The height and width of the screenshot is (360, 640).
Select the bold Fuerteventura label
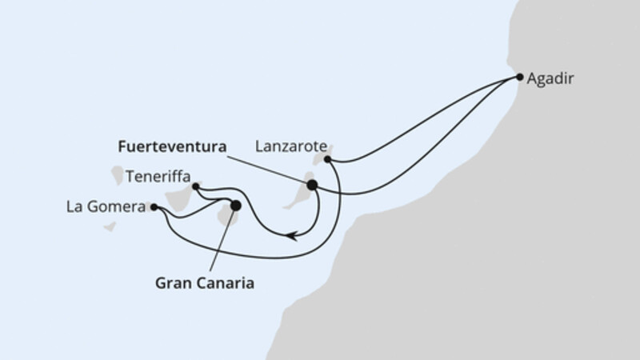(x=171, y=147)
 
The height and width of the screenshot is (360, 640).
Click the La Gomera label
(x=106, y=207)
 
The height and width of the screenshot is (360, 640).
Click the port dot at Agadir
(x=519, y=78)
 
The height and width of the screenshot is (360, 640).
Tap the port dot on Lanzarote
(x=327, y=159)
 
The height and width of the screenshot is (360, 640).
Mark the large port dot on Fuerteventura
(x=312, y=185)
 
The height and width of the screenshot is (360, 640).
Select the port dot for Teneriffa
(x=196, y=186)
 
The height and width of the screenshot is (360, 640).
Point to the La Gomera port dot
(x=154, y=206)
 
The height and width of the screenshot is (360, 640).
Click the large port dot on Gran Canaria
(x=235, y=206)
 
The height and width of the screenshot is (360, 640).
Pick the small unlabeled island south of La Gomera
(x=110, y=226)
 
